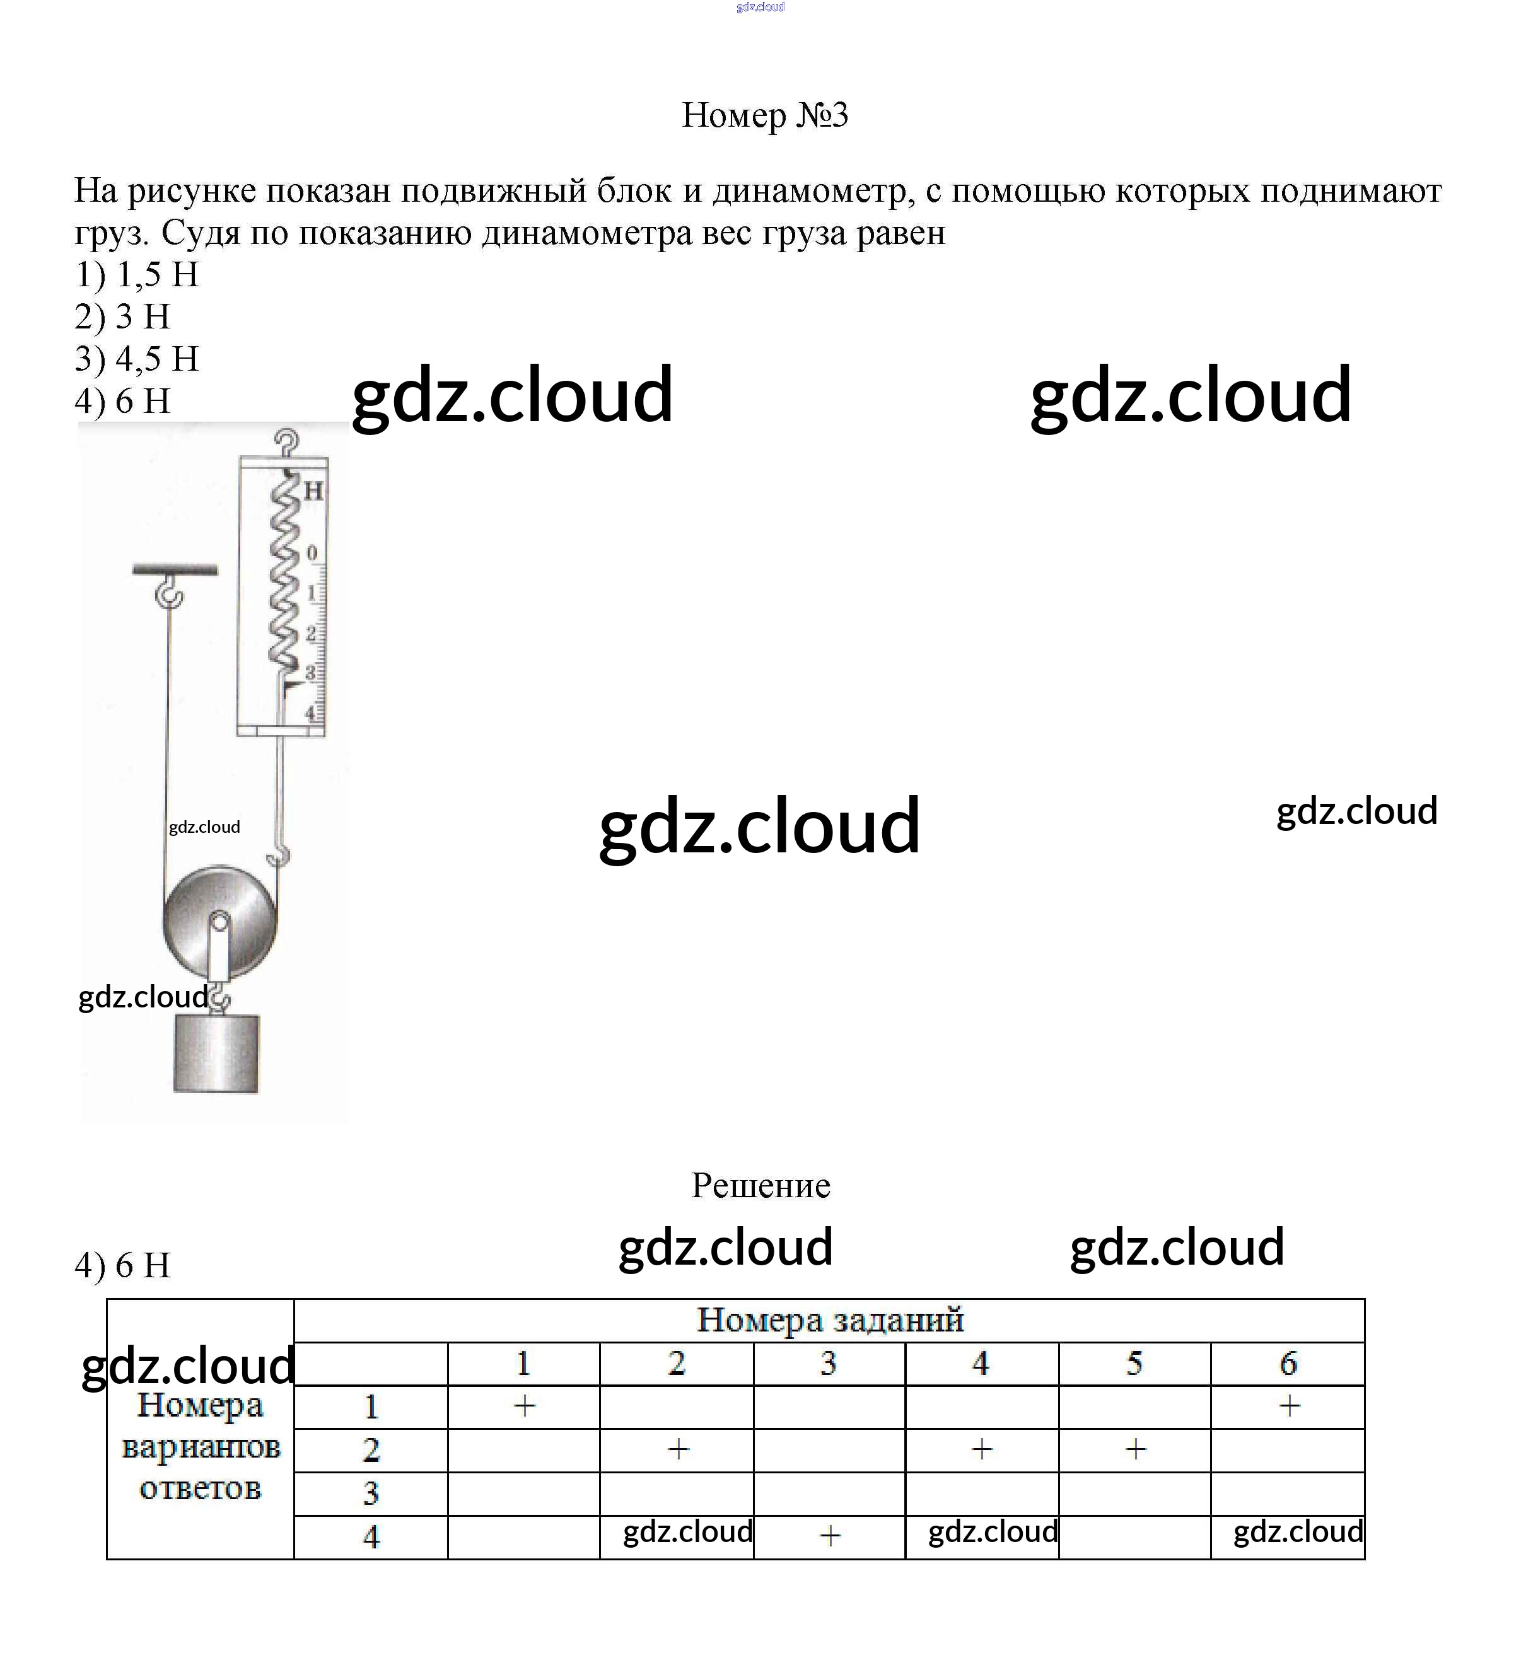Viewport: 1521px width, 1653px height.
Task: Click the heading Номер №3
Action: [765, 115]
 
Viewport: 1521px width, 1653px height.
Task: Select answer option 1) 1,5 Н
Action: [137, 274]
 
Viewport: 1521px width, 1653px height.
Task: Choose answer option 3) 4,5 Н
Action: [137, 359]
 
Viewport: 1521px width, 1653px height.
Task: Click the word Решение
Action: [760, 1186]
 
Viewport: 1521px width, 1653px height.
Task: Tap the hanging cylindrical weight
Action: [216, 1054]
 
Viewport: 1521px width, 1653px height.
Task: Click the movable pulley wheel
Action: [219, 922]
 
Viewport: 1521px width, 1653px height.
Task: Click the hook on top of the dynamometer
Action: [286, 443]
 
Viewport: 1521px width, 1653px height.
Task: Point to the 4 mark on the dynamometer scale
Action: [311, 712]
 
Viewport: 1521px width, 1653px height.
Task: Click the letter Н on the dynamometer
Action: [313, 492]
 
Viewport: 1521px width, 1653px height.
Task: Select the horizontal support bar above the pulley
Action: [175, 569]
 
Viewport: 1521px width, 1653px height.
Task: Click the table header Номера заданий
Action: [830, 1319]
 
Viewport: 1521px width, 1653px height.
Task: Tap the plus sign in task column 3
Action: [830, 1535]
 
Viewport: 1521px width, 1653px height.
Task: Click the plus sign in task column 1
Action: [524, 1406]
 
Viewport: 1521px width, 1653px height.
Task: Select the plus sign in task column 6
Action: [1289, 1406]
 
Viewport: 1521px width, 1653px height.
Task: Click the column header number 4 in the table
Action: [980, 1364]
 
